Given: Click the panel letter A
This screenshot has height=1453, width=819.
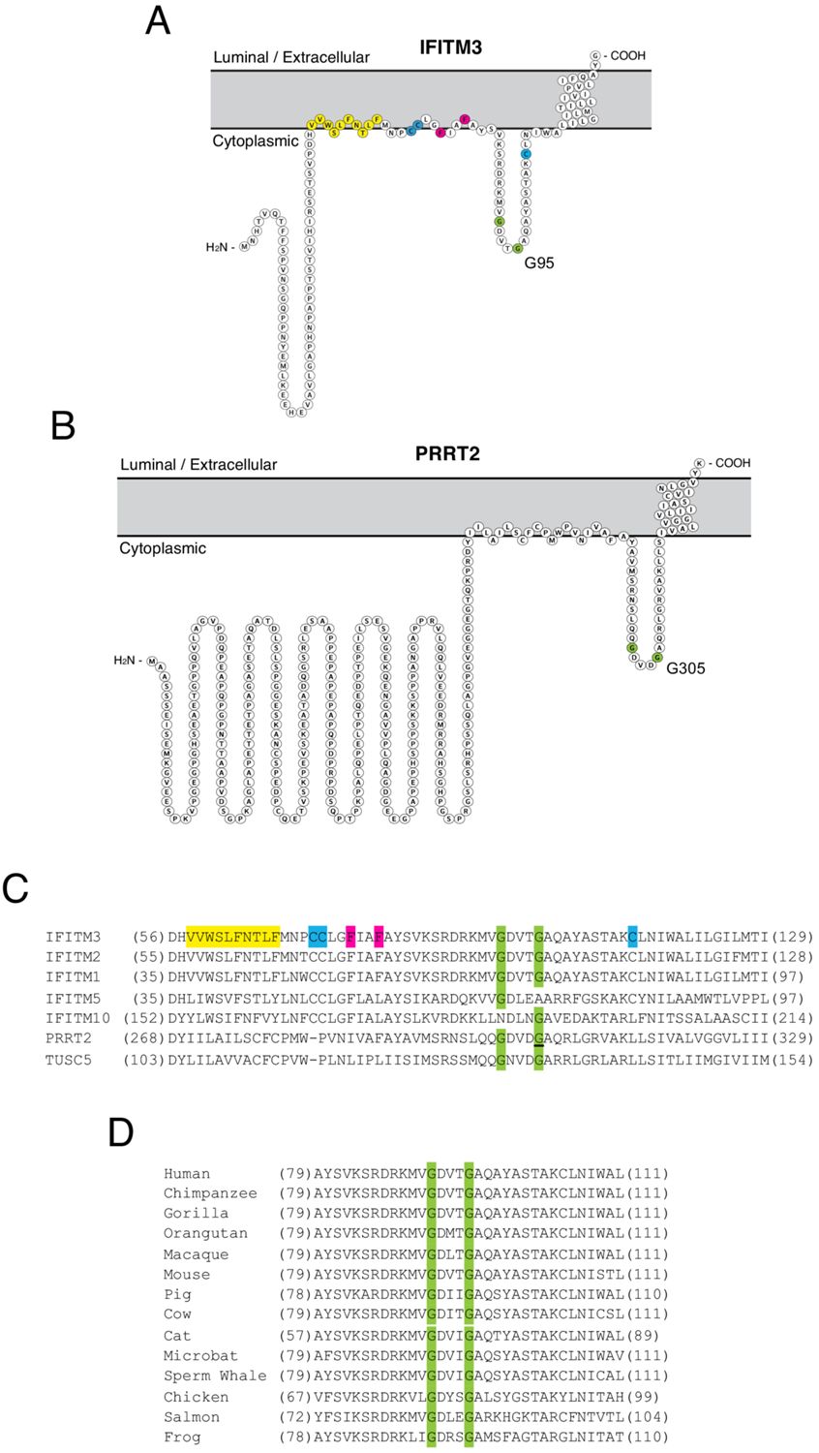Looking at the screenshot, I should (x=157, y=20).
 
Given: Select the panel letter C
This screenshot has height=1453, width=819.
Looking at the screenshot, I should (x=15, y=888).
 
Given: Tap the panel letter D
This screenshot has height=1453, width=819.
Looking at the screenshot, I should (x=120, y=1131).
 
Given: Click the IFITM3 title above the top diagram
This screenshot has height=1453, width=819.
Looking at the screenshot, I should (x=450, y=46).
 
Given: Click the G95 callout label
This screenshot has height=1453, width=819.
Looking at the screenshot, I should (x=539, y=262).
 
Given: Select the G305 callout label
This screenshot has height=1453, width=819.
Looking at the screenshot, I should (x=685, y=668).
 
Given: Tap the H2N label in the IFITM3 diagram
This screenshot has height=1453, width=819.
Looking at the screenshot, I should (x=219, y=247).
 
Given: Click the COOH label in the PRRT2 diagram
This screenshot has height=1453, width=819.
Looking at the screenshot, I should (x=731, y=463).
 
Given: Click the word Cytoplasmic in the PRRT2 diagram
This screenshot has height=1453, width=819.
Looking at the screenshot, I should (x=163, y=548).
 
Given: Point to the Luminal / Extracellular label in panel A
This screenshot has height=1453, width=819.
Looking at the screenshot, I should (x=291, y=57).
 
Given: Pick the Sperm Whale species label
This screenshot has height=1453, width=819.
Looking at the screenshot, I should (x=215, y=1376).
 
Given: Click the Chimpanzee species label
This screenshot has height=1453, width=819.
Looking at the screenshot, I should (x=210, y=1193).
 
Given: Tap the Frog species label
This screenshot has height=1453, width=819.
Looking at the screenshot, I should (x=182, y=1437).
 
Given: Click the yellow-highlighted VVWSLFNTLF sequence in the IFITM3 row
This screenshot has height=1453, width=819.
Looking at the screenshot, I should (x=233, y=937).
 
